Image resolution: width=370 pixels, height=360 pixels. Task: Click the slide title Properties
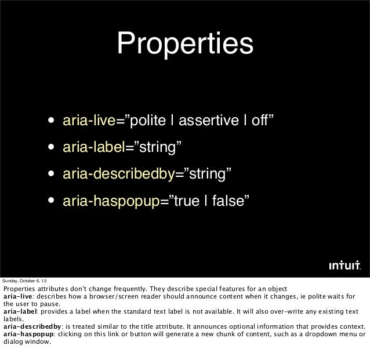[x=185, y=44]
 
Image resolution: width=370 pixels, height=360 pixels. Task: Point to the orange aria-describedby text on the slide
[x=111, y=174]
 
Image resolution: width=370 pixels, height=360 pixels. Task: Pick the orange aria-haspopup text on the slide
[x=110, y=201]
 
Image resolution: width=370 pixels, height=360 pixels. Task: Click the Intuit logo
[x=345, y=266]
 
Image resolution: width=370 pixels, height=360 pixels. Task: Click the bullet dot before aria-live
[x=53, y=122]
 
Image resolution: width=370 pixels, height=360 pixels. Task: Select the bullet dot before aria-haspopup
[x=53, y=202]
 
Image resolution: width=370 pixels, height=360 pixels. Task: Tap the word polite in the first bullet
[x=146, y=121]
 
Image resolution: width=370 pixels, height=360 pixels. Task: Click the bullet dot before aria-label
[x=53, y=148]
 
